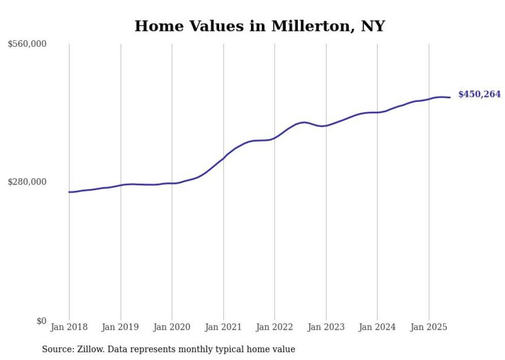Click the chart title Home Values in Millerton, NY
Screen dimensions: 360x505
click(260, 26)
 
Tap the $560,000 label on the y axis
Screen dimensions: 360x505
click(27, 44)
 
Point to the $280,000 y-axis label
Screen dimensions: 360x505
click(27, 182)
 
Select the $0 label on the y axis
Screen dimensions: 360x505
click(41, 321)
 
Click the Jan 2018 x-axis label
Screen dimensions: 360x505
click(69, 327)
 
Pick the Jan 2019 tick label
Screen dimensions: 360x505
click(121, 327)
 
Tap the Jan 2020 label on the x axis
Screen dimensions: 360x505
click(172, 327)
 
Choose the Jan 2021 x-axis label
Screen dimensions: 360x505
click(223, 327)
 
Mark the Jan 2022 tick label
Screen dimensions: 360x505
click(275, 327)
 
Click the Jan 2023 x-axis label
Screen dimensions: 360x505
click(326, 327)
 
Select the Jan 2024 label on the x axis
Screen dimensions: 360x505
click(377, 327)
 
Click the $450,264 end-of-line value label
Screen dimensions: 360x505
click(479, 94)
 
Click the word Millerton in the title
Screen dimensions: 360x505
click(306, 26)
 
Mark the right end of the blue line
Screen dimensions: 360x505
click(450, 97)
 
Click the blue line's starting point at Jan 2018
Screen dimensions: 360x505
click(69, 192)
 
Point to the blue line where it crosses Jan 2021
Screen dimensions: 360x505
click(224, 157)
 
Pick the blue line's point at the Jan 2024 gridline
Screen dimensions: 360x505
click(377, 112)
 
